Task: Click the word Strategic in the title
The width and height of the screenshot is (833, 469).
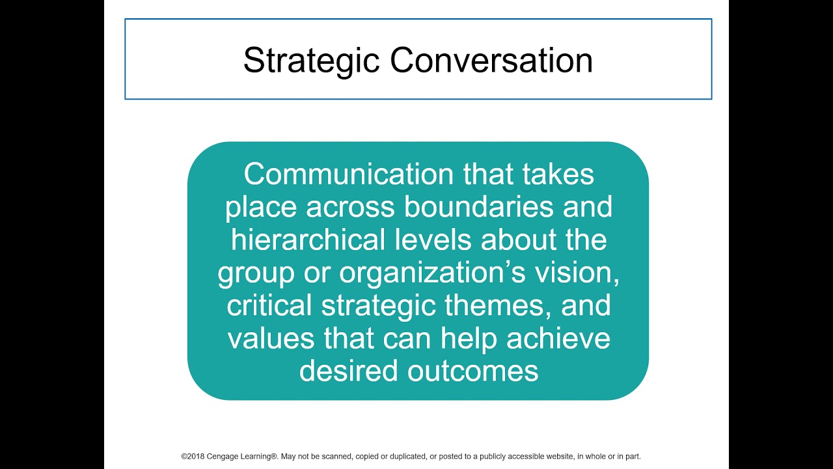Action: pyautogui.click(x=311, y=61)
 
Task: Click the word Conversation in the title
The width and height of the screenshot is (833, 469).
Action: pyautogui.click(x=491, y=61)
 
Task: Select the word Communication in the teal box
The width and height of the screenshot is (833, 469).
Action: pyautogui.click(x=348, y=175)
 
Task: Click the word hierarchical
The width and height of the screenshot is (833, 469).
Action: pyautogui.click(x=308, y=240)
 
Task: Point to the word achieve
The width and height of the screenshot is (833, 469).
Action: pyautogui.click(x=558, y=339)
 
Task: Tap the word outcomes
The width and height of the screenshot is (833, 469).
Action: pyautogui.click(x=473, y=371)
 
